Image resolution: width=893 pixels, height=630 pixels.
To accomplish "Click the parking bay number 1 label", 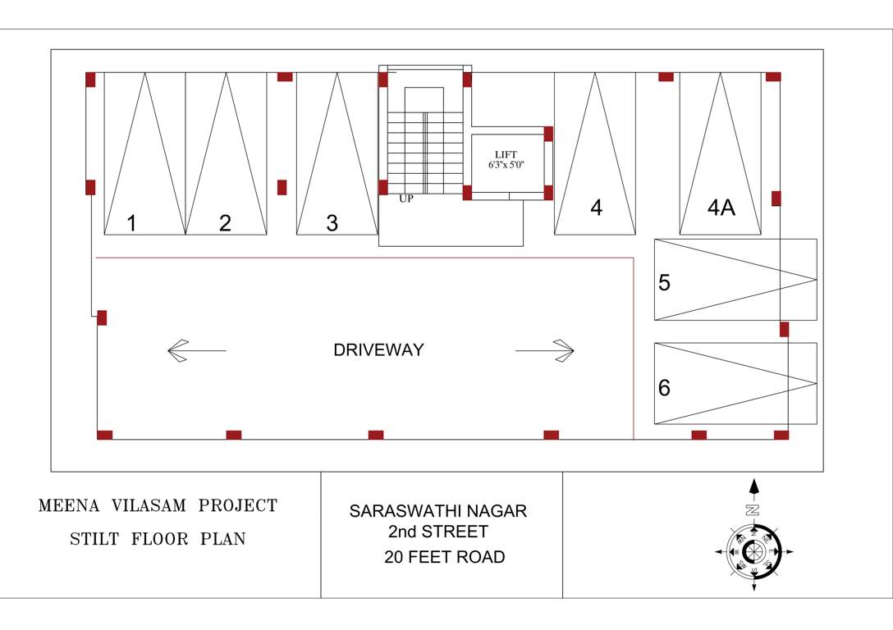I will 131,223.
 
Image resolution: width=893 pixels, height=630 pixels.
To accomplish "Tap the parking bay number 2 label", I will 225,223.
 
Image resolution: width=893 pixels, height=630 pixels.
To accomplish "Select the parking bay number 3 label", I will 332,223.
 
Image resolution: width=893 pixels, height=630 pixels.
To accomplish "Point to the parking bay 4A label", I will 721,208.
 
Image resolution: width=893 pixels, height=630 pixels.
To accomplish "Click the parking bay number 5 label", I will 665,282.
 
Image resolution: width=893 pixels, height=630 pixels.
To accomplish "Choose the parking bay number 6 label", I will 665,387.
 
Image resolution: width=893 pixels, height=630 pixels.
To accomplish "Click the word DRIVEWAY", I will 378,350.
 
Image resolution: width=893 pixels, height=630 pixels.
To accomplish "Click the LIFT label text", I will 506,154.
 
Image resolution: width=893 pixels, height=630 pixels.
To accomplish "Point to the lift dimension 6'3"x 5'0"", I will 506,165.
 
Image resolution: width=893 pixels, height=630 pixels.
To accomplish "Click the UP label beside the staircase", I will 406,199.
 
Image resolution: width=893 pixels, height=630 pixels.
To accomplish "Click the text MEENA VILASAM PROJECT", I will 158,505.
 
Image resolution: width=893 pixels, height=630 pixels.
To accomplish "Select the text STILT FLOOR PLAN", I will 158,540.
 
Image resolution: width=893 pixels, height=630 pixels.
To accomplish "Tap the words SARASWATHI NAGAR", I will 438,511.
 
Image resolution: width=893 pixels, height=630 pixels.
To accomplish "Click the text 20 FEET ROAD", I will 444,558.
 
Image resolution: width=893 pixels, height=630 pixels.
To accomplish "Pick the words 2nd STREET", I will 438,532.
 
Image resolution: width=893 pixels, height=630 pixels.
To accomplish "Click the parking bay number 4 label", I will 597,208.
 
